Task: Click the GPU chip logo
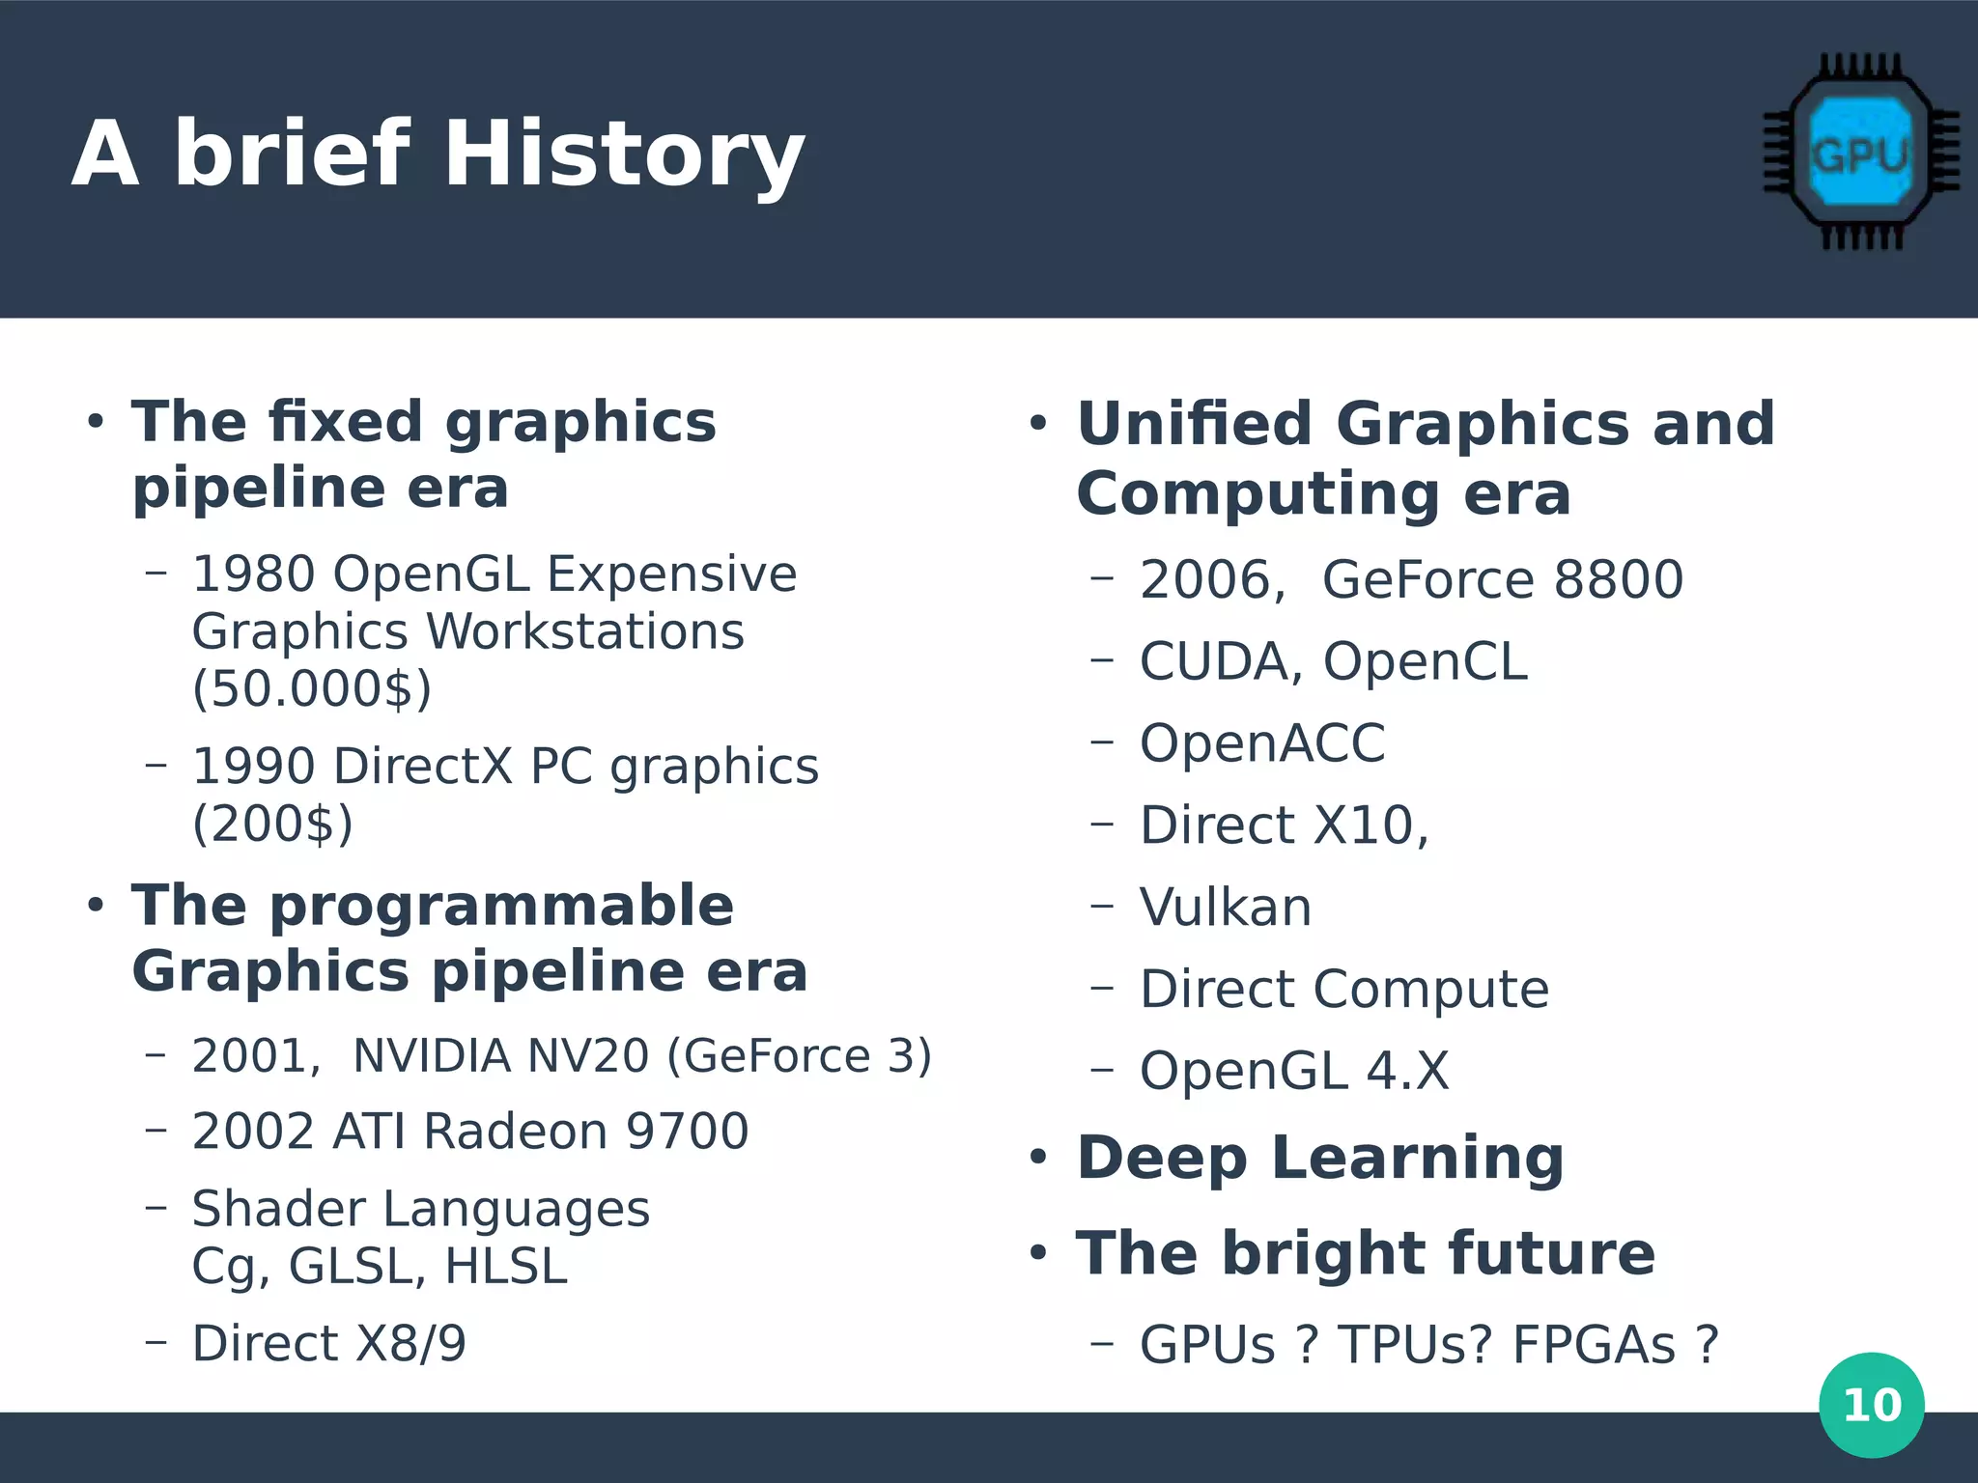pos(1860,153)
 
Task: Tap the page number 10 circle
pos(1871,1405)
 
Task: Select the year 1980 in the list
pos(254,574)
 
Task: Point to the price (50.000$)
pos(311,688)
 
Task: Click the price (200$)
pos(272,824)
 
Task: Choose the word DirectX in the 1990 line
pos(423,767)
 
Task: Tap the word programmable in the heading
pos(501,906)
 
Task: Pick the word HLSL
pos(505,1266)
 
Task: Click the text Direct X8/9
pos(328,1343)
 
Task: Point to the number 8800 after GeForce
pos(1618,579)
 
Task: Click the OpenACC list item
pos(1261,743)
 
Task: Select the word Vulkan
pos(1225,908)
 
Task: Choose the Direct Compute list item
pos(1343,990)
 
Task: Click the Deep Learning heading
pos(1319,1158)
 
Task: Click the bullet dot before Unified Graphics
pos(1038,424)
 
